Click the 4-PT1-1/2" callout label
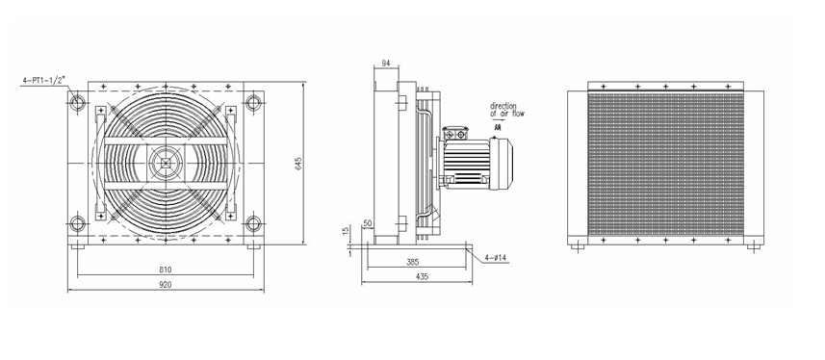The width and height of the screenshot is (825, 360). pyautogui.click(x=43, y=81)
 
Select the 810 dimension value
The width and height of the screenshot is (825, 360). pyautogui.click(x=166, y=270)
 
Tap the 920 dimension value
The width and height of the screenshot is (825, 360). pyautogui.click(x=166, y=284)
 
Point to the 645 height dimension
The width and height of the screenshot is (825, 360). pyautogui.click(x=298, y=164)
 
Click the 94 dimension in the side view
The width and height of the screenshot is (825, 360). pyautogui.click(x=386, y=64)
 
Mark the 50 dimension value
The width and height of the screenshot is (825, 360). pyautogui.click(x=368, y=223)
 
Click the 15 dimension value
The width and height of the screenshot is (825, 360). pyautogui.click(x=346, y=232)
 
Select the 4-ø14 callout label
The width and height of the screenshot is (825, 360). pyautogui.click(x=496, y=257)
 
